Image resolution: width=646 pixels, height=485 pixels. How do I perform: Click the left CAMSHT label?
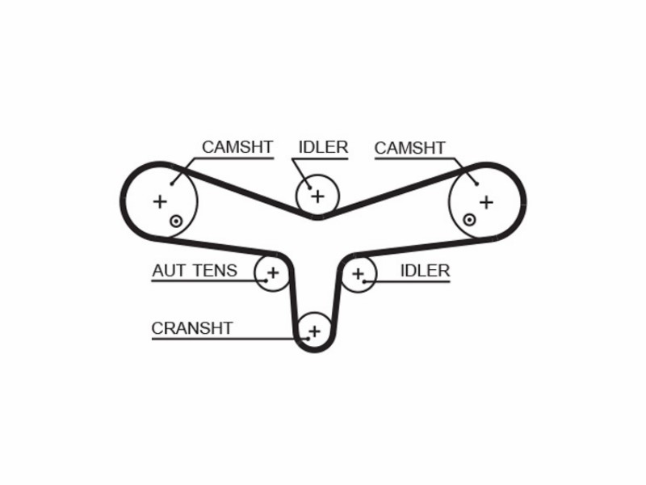237,147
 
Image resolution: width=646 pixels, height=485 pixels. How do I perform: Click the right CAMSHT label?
410,148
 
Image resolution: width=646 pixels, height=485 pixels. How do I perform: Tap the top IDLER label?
323,147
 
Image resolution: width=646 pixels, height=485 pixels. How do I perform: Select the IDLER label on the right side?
425,271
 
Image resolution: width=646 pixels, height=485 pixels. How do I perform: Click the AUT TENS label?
195,271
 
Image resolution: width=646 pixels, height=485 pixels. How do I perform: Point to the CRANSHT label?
192,328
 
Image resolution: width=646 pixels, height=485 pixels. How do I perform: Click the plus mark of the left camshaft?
160,201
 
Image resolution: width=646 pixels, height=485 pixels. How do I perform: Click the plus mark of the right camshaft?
487,203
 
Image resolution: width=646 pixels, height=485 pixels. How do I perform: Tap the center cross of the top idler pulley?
317,196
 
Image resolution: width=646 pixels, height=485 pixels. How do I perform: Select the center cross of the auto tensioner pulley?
273,272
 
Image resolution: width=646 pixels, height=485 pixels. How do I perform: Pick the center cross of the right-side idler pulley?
359,273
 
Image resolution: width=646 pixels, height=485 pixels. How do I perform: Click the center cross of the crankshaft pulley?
314,331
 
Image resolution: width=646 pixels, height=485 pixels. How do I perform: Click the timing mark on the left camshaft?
176,221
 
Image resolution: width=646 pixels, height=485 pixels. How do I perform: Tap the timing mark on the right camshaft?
469,220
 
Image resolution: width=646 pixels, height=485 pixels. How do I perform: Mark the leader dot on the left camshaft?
172,183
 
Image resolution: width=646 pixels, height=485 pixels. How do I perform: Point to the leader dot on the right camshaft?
476,184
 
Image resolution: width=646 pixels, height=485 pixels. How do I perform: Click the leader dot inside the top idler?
309,188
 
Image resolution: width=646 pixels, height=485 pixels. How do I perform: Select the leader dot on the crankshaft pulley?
308,339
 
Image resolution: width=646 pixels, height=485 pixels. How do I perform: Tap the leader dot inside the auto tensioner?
266,280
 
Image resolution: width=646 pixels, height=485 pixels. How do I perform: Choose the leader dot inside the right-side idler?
364,281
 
